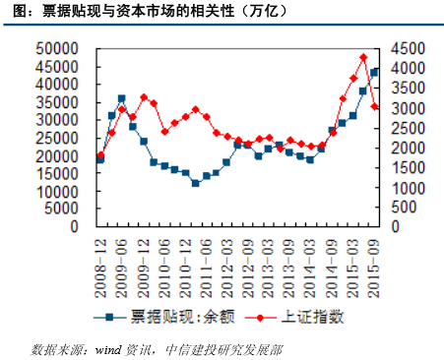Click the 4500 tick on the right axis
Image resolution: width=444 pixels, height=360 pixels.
coord(407,47)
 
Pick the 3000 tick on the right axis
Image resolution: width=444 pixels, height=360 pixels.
coord(407,107)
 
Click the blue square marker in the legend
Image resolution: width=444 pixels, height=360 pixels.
coord(111,317)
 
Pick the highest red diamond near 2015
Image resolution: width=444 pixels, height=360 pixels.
coord(364,58)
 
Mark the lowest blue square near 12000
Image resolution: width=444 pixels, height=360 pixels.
coord(195,183)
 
